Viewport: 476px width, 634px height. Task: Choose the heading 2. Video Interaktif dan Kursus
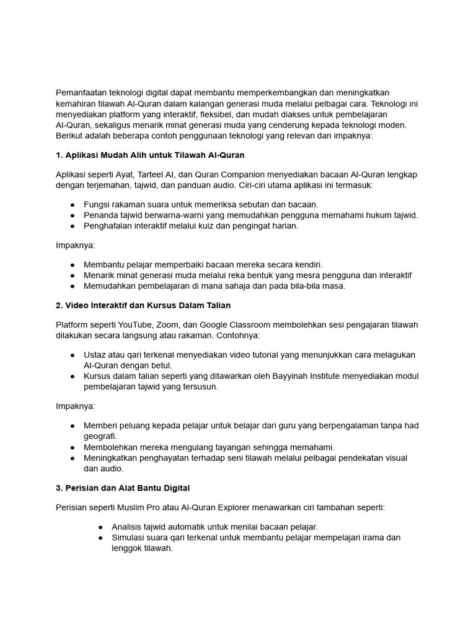[x=143, y=305]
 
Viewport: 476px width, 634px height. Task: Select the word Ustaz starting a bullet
[x=95, y=355]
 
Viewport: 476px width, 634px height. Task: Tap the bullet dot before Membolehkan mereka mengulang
[x=73, y=447]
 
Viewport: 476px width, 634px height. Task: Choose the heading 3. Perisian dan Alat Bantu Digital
[x=123, y=487]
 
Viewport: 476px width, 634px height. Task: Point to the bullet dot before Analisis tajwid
[x=100, y=527]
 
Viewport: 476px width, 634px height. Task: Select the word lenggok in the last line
[x=127, y=549]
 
